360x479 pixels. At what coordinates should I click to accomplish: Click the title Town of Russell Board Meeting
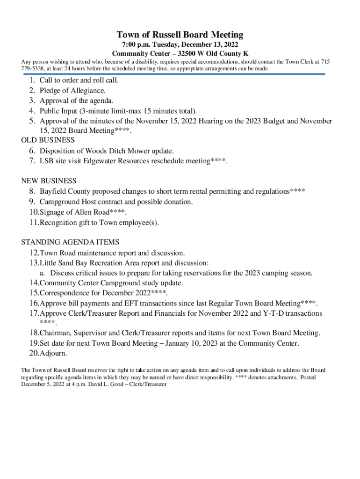click(x=180, y=35)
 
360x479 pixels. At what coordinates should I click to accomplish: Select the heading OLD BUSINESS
click(x=48, y=140)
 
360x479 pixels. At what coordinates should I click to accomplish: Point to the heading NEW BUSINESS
click(x=49, y=181)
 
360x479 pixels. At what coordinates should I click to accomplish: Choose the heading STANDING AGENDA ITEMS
click(x=70, y=242)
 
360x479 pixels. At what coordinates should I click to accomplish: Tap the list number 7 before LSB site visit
click(x=32, y=161)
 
